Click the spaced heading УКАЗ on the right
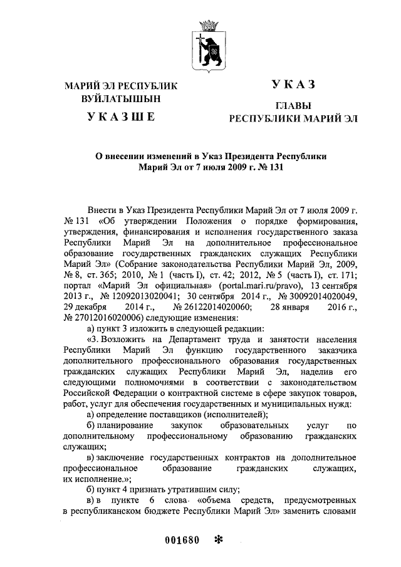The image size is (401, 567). (293, 85)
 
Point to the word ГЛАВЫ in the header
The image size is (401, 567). (293, 106)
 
